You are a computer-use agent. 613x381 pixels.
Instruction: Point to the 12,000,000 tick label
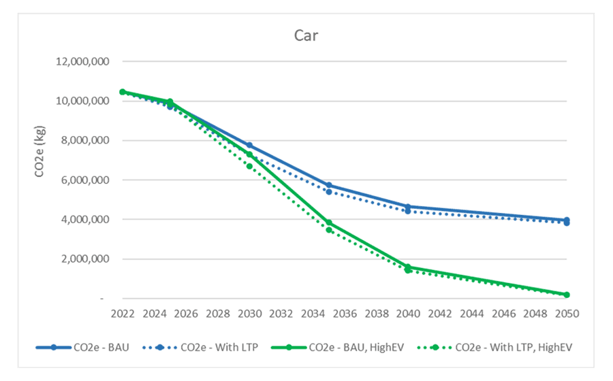[82, 62]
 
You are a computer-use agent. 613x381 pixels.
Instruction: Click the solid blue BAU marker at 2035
[329, 185]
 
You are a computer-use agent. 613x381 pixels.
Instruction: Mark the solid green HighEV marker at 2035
[329, 223]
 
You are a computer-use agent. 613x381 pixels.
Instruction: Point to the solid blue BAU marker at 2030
[249, 146]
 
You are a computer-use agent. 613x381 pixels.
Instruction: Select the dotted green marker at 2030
[249, 166]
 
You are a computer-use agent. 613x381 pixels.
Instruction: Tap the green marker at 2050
[567, 295]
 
